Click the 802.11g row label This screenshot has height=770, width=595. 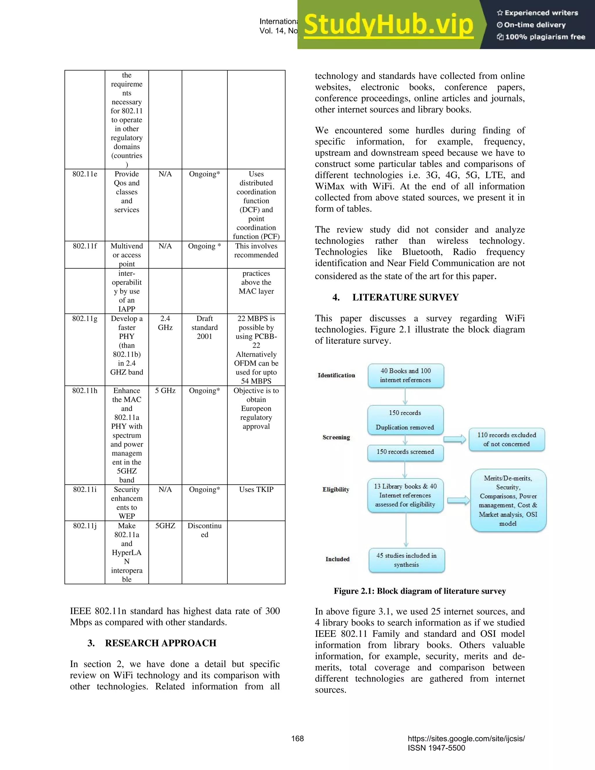(x=85, y=319)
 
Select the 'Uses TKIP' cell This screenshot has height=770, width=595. (x=256, y=489)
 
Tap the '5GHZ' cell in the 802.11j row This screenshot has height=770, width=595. (x=165, y=526)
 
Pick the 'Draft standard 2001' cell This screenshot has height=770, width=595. (x=205, y=327)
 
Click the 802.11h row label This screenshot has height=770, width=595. (x=85, y=391)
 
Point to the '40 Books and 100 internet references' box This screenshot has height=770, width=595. (x=405, y=375)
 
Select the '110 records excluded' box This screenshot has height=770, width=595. (x=506, y=440)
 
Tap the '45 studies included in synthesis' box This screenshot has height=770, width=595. (x=406, y=560)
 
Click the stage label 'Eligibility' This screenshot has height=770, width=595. (x=336, y=489)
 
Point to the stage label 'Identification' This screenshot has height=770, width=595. (x=336, y=375)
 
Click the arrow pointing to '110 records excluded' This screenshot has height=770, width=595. (x=455, y=439)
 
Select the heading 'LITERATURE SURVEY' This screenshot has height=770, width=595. (x=405, y=297)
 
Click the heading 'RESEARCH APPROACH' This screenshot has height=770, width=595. (x=160, y=643)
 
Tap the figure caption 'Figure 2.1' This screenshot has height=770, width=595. (x=420, y=591)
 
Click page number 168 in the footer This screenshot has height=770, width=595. (x=297, y=739)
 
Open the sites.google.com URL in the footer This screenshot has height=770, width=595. (x=466, y=739)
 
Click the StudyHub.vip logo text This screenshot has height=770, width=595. (x=388, y=25)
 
